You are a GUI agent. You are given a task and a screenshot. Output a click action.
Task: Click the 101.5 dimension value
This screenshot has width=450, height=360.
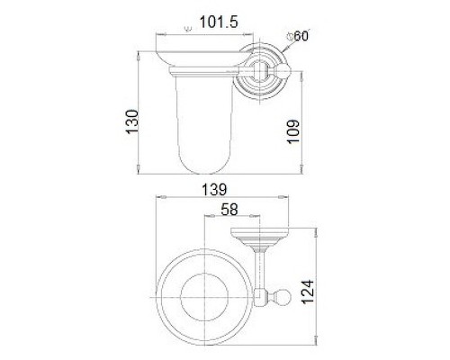[x=219, y=22]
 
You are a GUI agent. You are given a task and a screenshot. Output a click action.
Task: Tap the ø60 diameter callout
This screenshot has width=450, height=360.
[x=298, y=36]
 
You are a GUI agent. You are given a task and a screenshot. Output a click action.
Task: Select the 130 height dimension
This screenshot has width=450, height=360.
[x=132, y=121]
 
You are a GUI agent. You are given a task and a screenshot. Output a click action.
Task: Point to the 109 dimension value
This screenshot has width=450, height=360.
[x=293, y=131]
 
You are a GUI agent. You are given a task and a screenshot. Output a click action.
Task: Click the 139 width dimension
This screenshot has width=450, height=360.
[x=214, y=190]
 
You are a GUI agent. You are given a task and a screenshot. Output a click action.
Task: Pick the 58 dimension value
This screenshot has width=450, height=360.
[x=229, y=209]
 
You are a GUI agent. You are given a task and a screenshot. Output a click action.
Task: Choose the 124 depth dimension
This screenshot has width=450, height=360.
[x=308, y=292]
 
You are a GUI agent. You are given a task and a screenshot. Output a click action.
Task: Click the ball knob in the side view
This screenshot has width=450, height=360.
[x=283, y=71]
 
